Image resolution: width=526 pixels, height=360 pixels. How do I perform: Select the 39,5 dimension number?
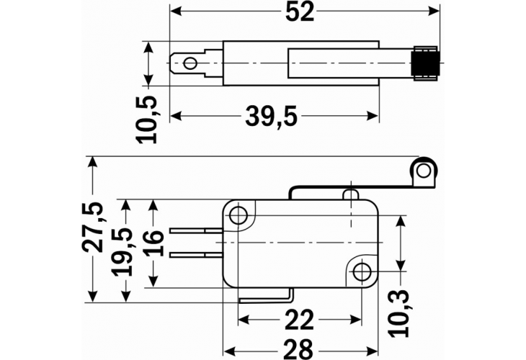click(x=272, y=117)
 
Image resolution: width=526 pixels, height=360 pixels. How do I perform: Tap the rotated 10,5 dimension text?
click(x=149, y=120)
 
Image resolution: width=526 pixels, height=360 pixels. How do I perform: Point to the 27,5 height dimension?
click(x=92, y=227)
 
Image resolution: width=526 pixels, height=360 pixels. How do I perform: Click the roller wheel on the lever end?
click(x=424, y=171)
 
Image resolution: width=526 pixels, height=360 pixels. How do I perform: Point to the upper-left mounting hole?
click(x=239, y=215)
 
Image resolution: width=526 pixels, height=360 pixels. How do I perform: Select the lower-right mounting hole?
click(x=362, y=271)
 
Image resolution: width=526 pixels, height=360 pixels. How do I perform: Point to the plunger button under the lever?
click(x=351, y=194)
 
